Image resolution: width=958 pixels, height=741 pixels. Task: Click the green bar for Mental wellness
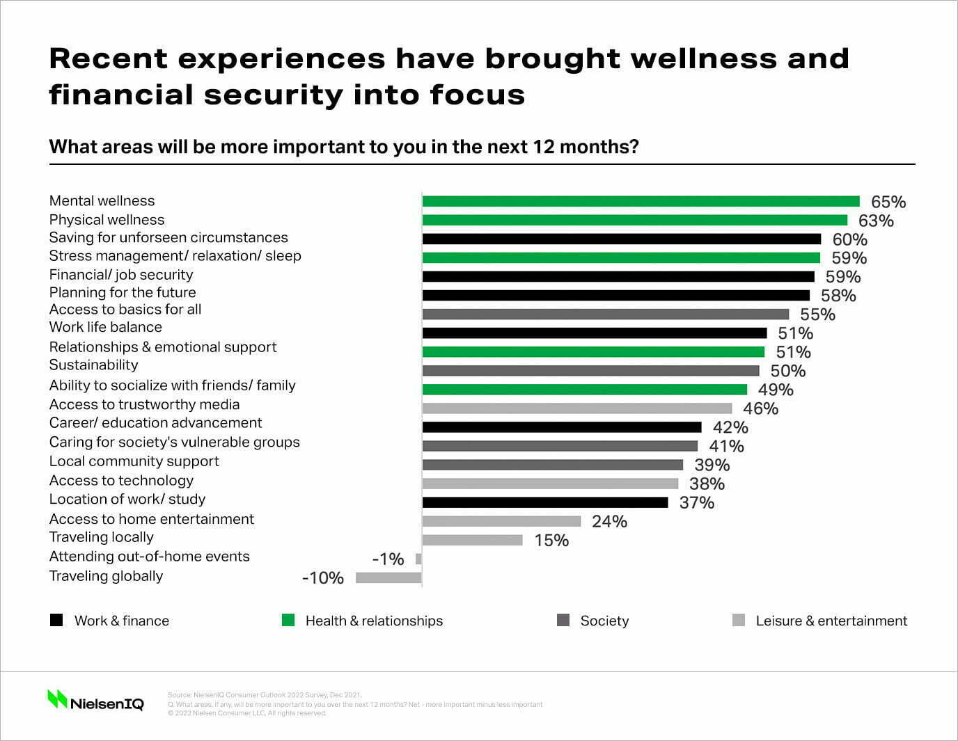pos(641,202)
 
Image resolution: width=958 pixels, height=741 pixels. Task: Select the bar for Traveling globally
pos(388,577)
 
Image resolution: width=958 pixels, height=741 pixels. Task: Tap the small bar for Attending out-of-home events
pos(418,559)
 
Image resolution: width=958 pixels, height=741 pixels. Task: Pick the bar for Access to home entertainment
pos(501,521)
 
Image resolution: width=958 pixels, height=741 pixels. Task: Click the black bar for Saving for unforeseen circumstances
pos(621,239)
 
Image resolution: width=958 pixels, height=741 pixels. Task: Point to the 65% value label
pos(888,202)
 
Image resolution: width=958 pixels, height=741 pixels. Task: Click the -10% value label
pos(323,578)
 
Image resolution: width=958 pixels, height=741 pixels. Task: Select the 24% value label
pos(609,522)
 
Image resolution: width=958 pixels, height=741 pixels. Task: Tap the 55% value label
pos(817,314)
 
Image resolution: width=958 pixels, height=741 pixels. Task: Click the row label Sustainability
pos(93,365)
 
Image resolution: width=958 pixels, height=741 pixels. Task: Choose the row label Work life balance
pos(105,327)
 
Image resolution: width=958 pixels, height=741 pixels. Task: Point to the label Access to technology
pos(121,481)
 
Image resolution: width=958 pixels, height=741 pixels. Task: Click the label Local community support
pos(134,461)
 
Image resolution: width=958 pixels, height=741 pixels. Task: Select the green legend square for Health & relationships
pos(288,620)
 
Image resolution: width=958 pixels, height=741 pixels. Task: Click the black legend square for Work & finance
pos(56,620)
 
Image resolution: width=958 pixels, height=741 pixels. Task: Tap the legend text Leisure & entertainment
pos(831,621)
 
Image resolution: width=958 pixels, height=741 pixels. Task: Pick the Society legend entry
pos(604,621)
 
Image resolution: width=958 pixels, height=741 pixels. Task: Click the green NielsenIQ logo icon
pos(56,699)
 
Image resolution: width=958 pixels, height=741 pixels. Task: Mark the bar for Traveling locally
pos(472,540)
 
